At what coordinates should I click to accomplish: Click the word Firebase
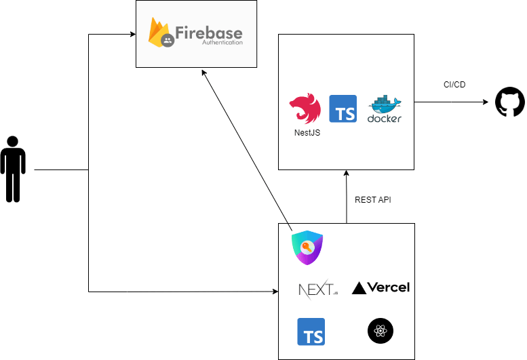pyautogui.click(x=208, y=33)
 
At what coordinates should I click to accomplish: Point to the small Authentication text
pyautogui.click(x=221, y=42)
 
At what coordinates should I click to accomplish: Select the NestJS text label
pyautogui.click(x=307, y=133)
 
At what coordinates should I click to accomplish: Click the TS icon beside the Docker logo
pyautogui.click(x=343, y=108)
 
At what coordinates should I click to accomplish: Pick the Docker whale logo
pyautogui.click(x=385, y=109)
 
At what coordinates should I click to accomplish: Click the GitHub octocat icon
pyautogui.click(x=510, y=102)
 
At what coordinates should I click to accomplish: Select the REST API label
pyautogui.click(x=373, y=200)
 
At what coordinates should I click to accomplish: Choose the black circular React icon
pyautogui.click(x=380, y=332)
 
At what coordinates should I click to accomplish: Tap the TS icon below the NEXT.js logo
pyautogui.click(x=311, y=332)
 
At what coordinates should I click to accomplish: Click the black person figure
pyautogui.click(x=13, y=169)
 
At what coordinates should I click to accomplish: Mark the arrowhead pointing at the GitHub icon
pyautogui.click(x=485, y=102)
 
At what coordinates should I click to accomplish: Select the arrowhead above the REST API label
pyautogui.click(x=347, y=174)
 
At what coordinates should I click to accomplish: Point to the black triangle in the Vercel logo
pyautogui.click(x=359, y=288)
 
